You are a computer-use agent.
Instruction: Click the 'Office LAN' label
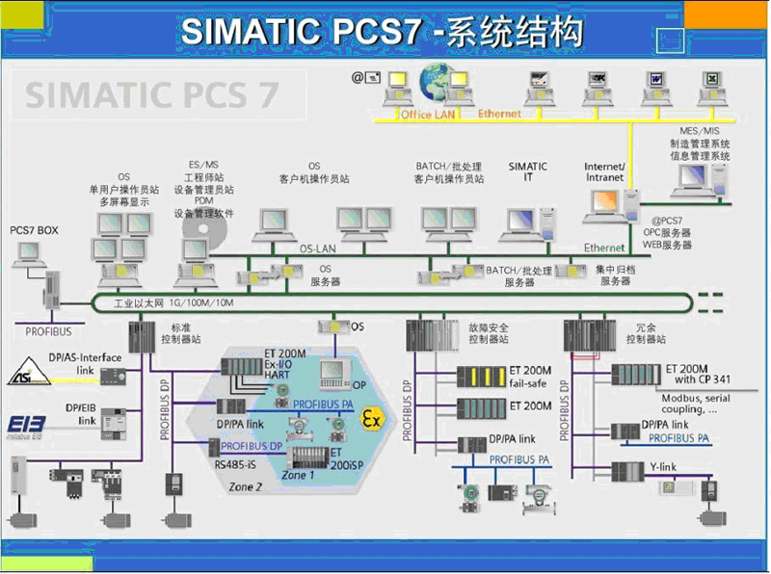tap(430, 115)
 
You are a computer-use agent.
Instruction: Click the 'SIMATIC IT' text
tap(527, 172)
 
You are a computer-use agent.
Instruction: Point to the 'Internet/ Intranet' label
tap(604, 172)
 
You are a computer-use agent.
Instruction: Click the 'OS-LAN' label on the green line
tap(317, 248)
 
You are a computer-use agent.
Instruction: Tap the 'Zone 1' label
tap(298, 475)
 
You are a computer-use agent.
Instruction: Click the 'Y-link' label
tap(663, 467)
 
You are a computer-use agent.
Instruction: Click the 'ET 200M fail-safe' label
tap(531, 377)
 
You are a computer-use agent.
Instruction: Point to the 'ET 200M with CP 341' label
tap(698, 374)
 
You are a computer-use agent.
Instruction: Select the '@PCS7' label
tap(669, 220)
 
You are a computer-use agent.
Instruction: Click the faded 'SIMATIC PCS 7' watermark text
tap(151, 94)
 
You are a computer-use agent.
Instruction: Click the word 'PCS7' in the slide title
tap(370, 31)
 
